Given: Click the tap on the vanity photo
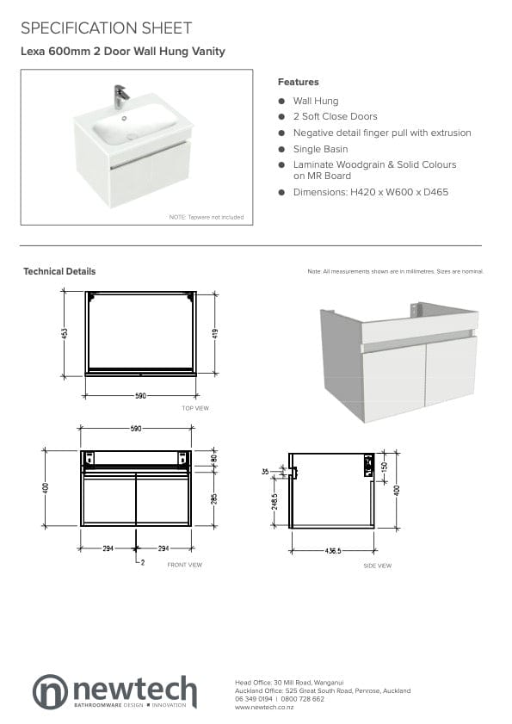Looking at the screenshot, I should tap(120, 95).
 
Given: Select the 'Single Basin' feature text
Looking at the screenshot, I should tap(320, 149).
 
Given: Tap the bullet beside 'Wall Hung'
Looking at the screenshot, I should tap(281, 101).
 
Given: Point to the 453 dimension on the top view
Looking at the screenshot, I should tap(65, 332).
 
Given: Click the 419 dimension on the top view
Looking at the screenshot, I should tap(215, 332).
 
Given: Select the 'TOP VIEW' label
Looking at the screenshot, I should tap(195, 408).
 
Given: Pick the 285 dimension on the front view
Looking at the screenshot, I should tap(214, 498).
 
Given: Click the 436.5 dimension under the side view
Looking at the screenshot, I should tap(331, 549).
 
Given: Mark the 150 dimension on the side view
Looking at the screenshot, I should tap(385, 465).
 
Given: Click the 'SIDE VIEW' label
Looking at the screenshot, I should tap(377, 566).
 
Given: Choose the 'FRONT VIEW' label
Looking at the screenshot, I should tap(185, 565).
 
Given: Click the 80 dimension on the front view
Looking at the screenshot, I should tap(214, 459).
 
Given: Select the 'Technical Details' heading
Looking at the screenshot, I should tap(59, 271).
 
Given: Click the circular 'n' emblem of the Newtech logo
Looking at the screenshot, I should tap(50, 691).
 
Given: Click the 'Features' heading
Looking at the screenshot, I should tap(298, 82).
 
